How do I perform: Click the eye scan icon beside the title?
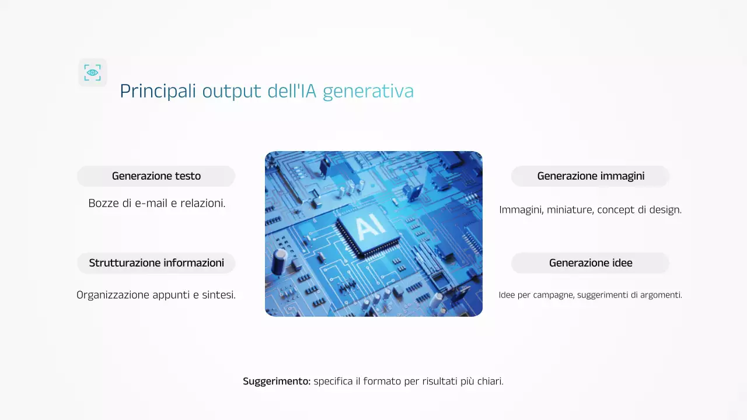coord(93,72)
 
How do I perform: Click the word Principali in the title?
coord(158,92)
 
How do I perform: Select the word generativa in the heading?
coord(368,92)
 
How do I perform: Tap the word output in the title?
coord(232,92)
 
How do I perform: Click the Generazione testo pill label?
coord(156,176)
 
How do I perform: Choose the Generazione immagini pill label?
coord(591,176)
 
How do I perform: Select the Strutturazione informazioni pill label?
coord(156,263)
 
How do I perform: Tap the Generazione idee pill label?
coord(591,263)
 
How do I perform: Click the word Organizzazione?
coord(112,295)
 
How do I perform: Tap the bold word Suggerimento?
coord(277,381)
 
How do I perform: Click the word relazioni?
coord(203,204)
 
